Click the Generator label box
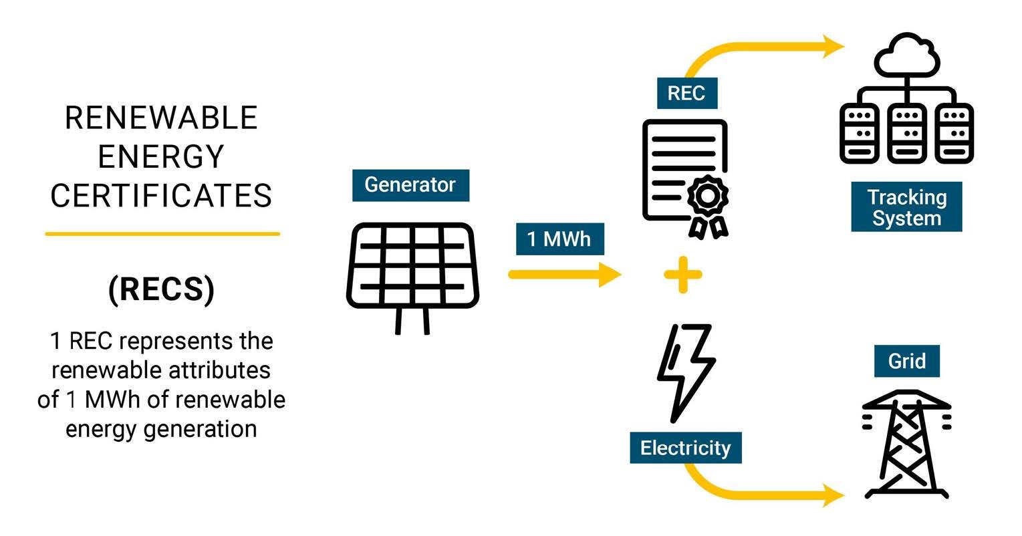coord(410,185)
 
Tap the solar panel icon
coord(412,267)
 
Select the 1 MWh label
coord(559,239)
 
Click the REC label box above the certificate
coord(686,94)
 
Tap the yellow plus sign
coord(683,274)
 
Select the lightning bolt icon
coord(685,371)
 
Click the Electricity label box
coord(686,448)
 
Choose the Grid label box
coord(907,362)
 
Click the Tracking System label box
coord(906,207)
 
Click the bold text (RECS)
coord(162,289)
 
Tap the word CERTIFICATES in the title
coord(162,196)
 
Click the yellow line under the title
coord(162,234)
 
